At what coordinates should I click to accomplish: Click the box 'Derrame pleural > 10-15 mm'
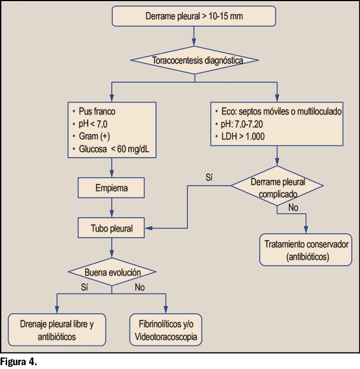194,16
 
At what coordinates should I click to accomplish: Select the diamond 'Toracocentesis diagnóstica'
194,60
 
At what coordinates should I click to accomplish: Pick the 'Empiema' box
112,188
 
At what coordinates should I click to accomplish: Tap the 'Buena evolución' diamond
112,272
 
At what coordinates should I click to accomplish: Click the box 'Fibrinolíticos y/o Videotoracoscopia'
165,330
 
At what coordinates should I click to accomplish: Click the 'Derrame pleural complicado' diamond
278,186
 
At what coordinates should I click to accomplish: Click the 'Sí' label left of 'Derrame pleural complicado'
209,177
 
